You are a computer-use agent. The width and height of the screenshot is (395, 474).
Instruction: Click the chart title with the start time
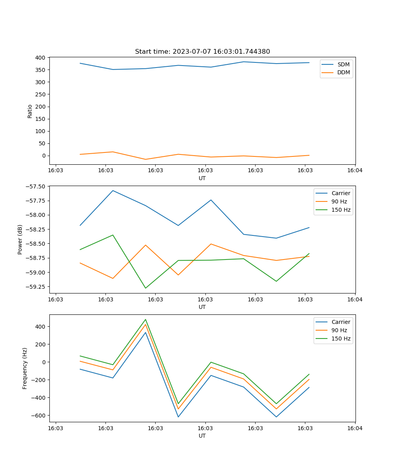coord(202,52)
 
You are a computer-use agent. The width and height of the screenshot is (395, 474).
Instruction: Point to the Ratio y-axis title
coord(30,111)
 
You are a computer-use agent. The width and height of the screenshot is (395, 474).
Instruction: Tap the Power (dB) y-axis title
coord(20,239)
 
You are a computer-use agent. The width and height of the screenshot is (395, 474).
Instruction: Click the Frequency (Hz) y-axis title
coord(25,368)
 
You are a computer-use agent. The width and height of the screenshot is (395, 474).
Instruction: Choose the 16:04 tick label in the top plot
coord(355,171)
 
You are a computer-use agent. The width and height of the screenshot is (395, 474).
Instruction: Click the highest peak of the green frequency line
coord(145,320)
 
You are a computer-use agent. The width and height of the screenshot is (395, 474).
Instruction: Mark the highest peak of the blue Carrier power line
coord(113,190)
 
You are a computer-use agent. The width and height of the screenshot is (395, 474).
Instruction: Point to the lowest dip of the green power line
coord(145,288)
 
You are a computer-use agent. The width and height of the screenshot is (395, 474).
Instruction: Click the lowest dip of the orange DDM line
coord(145,159)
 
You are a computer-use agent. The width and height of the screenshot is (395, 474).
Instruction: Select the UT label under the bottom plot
coord(202,436)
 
